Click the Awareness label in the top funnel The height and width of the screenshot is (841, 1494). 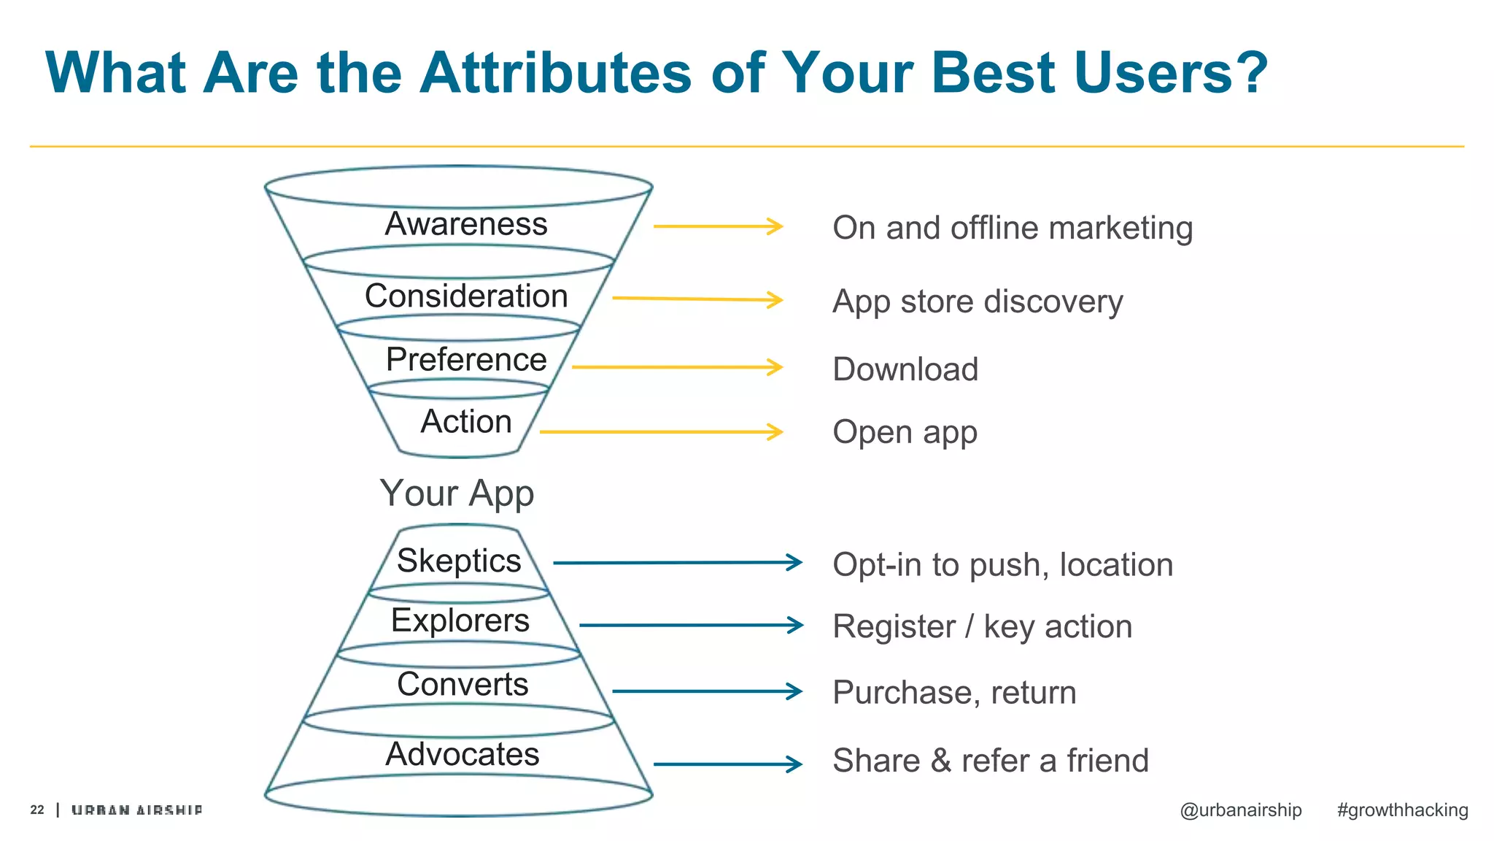coord(465,223)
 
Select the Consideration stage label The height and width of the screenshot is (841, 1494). coord(465,296)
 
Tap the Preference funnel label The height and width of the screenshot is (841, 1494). coord(465,359)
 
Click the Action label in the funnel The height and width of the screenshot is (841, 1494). coord(465,421)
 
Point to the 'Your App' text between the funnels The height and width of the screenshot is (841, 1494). coord(457,494)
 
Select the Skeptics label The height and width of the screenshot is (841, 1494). coord(459,561)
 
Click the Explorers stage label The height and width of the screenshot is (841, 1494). coord(460,621)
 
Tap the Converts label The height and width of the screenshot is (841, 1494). coord(462,684)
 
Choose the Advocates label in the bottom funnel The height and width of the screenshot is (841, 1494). coord(462,754)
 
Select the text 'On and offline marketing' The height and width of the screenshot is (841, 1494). coord(1012,228)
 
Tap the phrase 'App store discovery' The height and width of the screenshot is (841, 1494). coord(977,302)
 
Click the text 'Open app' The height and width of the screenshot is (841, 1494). coord(904,432)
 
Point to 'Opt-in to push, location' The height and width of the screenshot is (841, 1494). coord(1002,565)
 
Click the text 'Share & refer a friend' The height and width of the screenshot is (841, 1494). coord(990,761)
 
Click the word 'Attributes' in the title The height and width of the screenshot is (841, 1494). coord(554,73)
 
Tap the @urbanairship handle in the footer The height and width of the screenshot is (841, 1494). coord(1240,810)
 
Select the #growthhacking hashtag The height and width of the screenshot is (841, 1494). coord(1401,810)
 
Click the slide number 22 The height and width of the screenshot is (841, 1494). coord(37,810)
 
